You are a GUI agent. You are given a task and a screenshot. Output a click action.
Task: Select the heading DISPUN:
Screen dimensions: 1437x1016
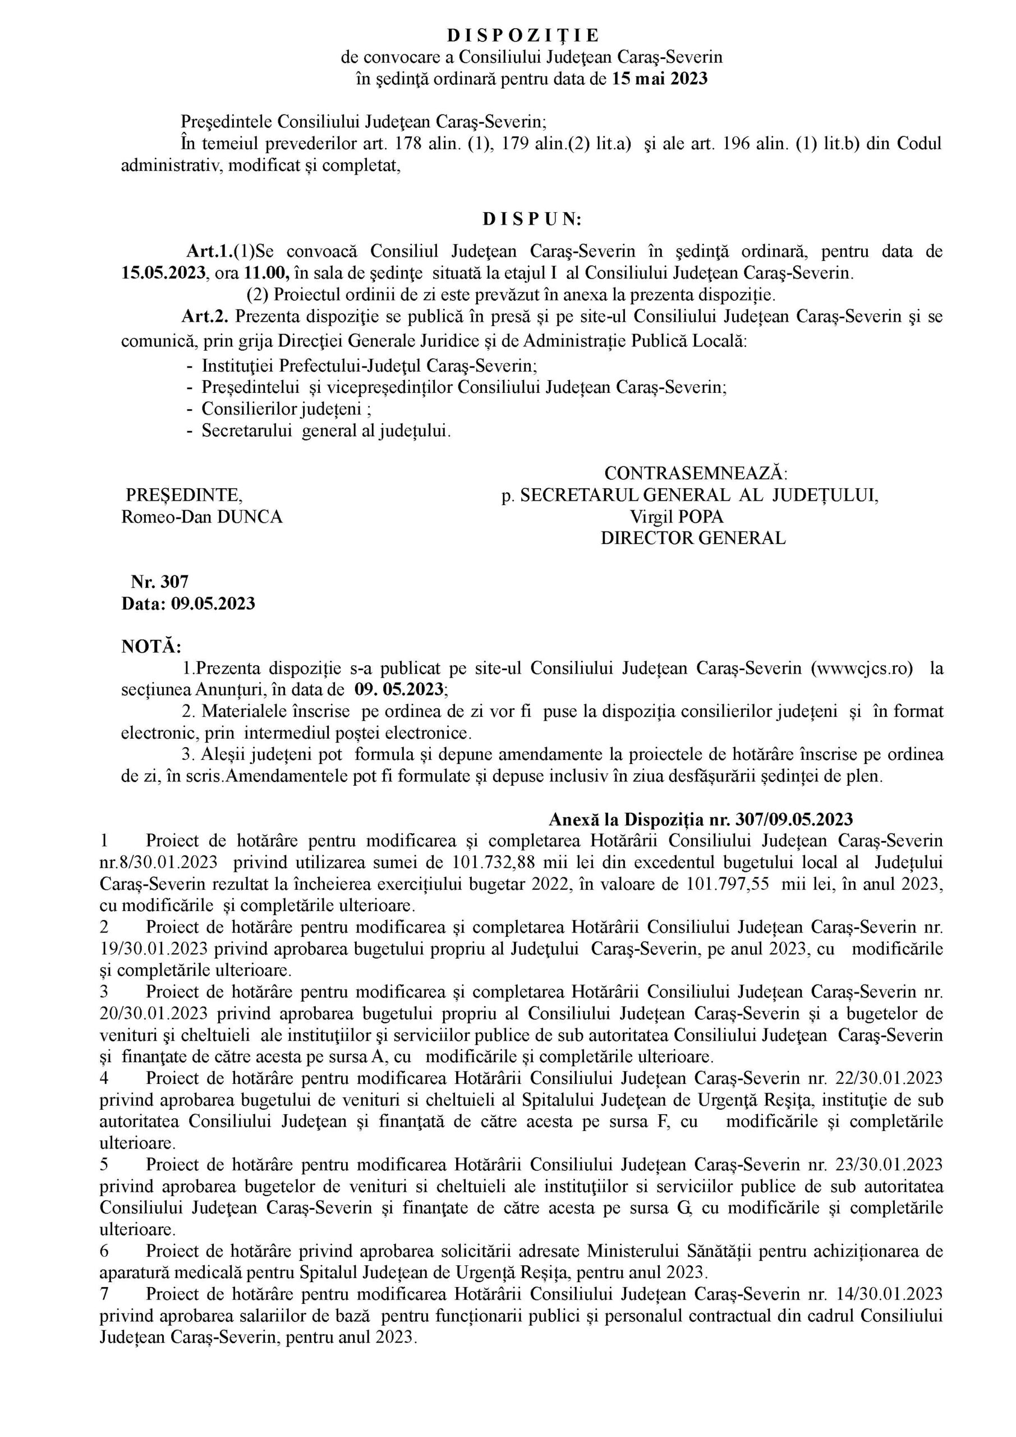(532, 219)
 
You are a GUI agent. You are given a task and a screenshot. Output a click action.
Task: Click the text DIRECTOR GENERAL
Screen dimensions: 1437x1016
(693, 538)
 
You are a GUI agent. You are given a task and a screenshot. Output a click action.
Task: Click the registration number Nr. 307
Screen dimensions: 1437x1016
(159, 582)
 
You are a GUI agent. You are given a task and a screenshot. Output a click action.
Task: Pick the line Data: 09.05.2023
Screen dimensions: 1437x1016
(189, 603)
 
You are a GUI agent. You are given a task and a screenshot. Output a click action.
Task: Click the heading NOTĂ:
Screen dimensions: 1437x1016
(151, 646)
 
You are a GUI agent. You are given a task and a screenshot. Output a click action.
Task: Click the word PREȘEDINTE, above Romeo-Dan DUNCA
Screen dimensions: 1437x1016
(185, 496)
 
